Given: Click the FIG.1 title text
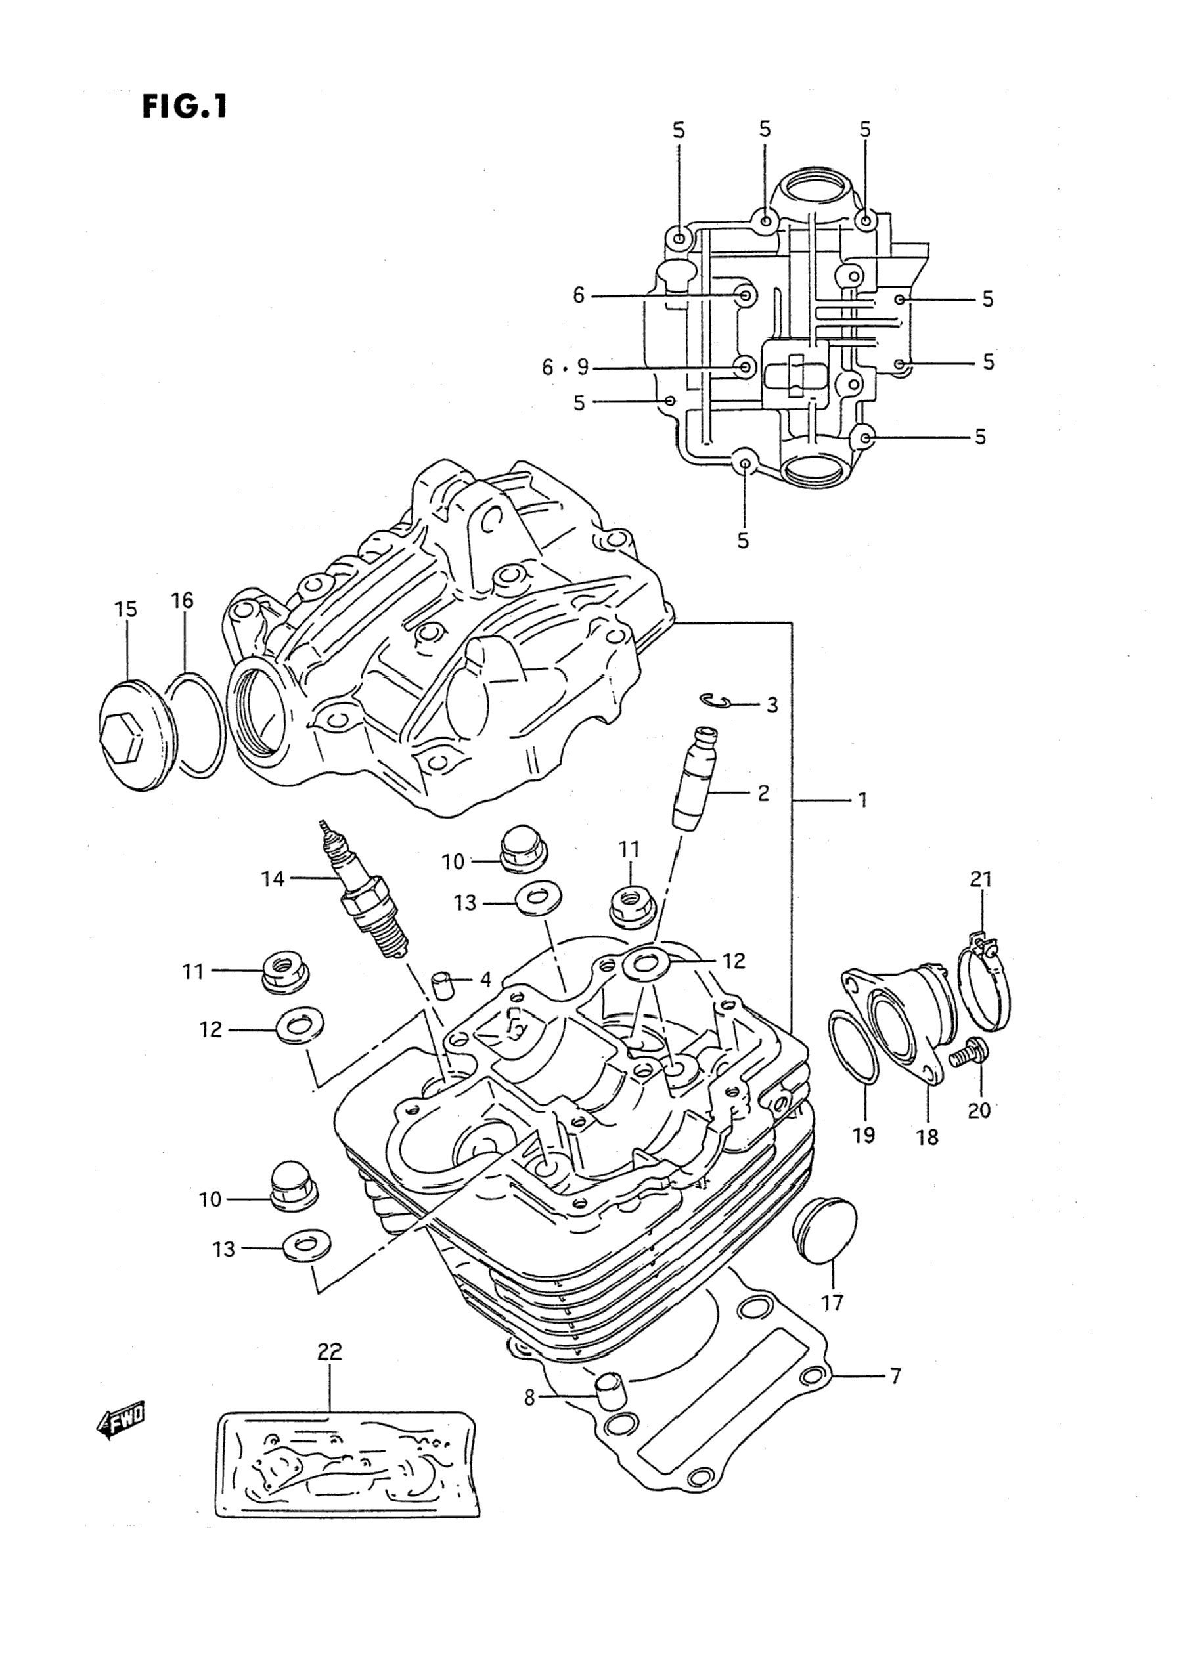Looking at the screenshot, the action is click(x=185, y=108).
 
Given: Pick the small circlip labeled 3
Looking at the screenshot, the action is click(x=715, y=700).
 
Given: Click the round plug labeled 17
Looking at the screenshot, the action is click(x=826, y=1228).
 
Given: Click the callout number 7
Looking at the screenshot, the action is click(x=895, y=1373).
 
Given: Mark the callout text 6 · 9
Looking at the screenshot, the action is click(x=565, y=366).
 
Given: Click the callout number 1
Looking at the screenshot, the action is click(x=862, y=799).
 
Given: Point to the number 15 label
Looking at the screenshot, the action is click(x=125, y=609).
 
